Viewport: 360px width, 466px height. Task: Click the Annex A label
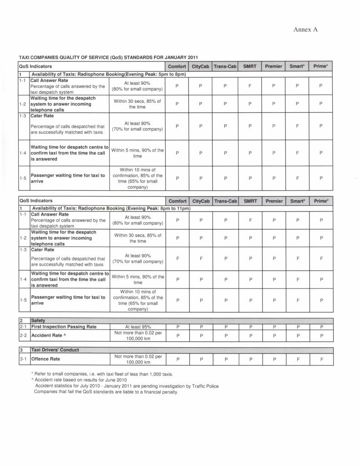(x=305, y=30)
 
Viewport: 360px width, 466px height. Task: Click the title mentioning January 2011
(x=108, y=58)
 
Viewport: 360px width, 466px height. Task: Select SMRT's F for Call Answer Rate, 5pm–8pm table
(x=250, y=86)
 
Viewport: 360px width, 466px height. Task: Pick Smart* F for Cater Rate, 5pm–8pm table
(x=297, y=126)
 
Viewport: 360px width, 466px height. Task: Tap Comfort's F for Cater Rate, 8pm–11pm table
(x=177, y=258)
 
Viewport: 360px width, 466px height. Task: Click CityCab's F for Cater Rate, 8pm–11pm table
(x=201, y=258)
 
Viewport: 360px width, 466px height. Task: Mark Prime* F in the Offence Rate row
(x=321, y=359)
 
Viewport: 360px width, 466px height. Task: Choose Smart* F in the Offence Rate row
(x=297, y=359)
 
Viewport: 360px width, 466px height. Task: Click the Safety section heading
(x=38, y=320)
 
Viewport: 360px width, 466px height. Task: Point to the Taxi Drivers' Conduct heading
(x=55, y=350)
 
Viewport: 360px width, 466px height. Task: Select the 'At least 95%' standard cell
(x=138, y=327)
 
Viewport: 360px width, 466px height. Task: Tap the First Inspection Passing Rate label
(x=64, y=327)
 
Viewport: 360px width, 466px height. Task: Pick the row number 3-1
(x=24, y=359)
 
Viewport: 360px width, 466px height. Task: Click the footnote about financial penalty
(x=106, y=392)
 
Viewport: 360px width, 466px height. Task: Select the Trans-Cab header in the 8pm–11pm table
(x=225, y=201)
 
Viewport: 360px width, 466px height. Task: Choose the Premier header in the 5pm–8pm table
(x=274, y=66)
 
